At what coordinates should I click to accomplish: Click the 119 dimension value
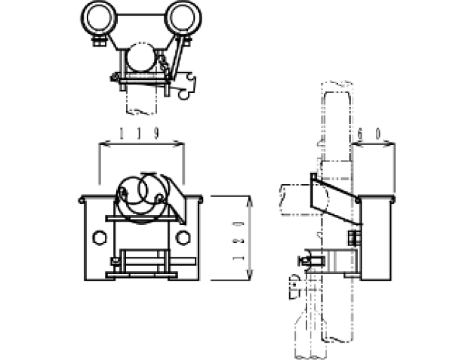pyautogui.click(x=139, y=134)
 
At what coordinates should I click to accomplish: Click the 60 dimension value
pyautogui.click(x=369, y=134)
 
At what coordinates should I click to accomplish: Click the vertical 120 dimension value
pyautogui.click(x=239, y=241)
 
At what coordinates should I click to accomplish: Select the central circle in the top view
pyautogui.click(x=141, y=57)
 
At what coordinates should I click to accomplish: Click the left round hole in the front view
pyautogui.click(x=100, y=238)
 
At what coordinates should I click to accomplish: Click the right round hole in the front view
pyautogui.click(x=183, y=238)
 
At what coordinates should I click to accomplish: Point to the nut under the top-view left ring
pyautogui.click(x=99, y=41)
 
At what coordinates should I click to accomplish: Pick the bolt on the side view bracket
pyautogui.click(x=354, y=238)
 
